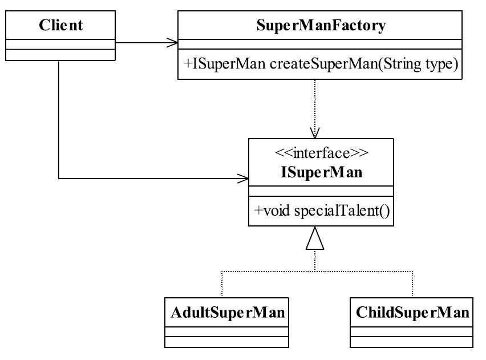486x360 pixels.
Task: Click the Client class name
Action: [x=60, y=25]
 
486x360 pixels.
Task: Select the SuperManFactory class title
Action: [x=321, y=26]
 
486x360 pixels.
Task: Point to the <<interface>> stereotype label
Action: [x=321, y=153]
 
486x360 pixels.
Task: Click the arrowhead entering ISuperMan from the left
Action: [x=244, y=179]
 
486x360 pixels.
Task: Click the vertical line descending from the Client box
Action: [x=59, y=120]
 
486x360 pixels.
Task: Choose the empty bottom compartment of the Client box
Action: [x=60, y=55]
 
